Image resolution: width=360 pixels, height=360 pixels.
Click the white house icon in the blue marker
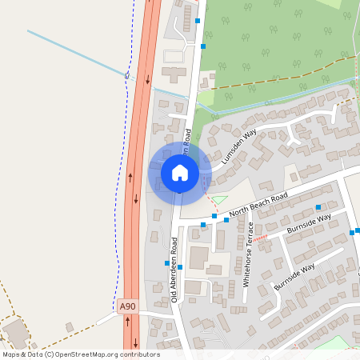coord(180,172)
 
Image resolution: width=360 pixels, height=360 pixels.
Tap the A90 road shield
coord(126,306)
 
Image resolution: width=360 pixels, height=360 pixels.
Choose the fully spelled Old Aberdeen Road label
coord(174,271)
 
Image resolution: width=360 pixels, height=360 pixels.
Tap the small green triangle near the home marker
coord(218,199)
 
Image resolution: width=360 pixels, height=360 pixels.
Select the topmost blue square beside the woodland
coord(197,21)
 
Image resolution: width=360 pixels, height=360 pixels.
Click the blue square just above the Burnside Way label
coord(318,207)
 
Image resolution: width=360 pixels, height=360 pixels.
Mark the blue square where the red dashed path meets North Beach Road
coord(214,216)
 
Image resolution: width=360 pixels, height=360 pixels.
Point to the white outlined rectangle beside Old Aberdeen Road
coord(174,56)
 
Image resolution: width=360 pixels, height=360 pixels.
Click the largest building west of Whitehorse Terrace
coord(198,258)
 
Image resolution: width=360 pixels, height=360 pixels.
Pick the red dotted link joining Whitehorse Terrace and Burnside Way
coord(267,237)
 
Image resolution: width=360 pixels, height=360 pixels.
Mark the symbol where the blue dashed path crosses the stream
coord(126,74)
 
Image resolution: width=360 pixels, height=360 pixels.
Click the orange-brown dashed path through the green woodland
coord(272,78)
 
